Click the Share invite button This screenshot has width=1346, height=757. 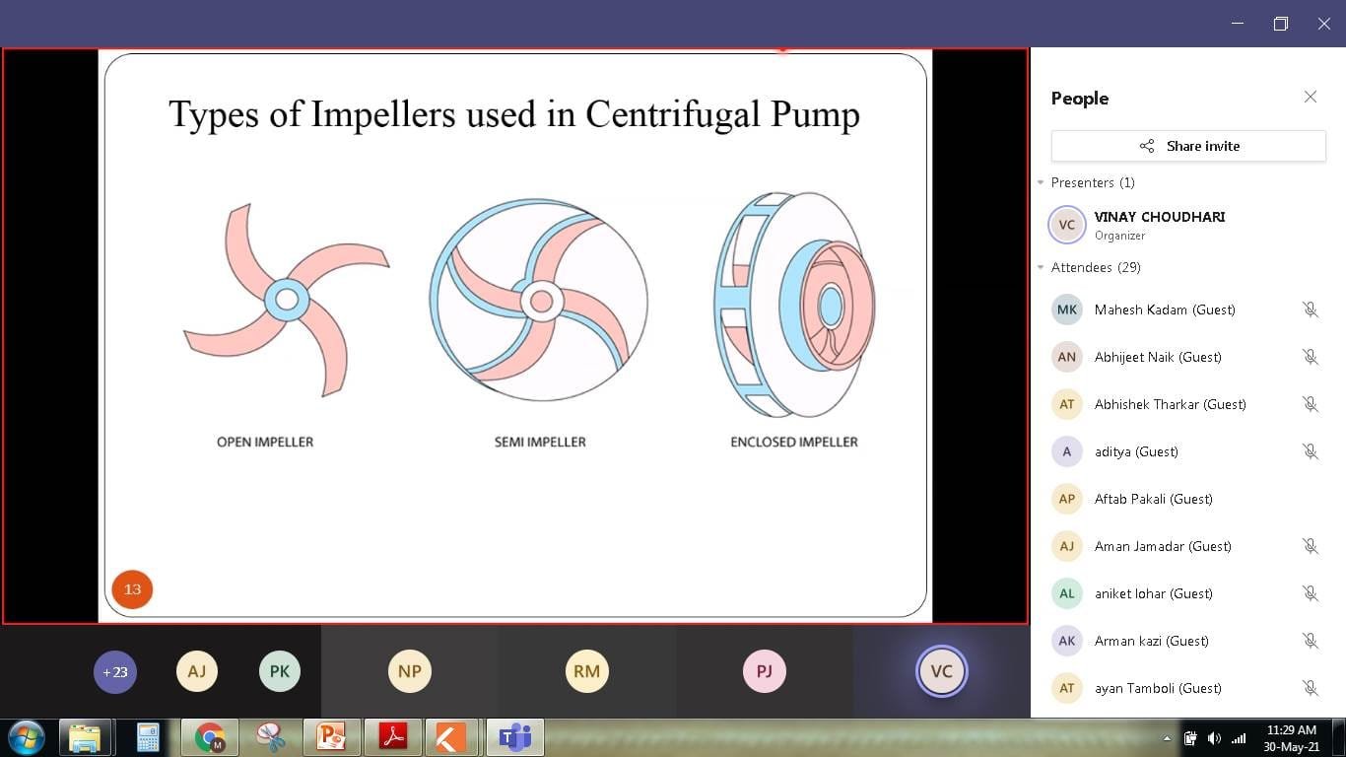(x=1188, y=146)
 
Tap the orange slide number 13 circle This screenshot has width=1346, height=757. (x=132, y=589)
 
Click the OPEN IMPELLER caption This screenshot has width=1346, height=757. (x=265, y=442)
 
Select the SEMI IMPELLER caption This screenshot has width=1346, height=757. (x=540, y=442)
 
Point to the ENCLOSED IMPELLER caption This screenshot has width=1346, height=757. (x=794, y=442)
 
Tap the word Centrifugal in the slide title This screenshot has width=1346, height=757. (x=673, y=113)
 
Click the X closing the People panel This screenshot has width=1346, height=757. (x=1310, y=97)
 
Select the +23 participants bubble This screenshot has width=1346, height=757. (x=114, y=671)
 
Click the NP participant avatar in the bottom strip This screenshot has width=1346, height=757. (x=410, y=671)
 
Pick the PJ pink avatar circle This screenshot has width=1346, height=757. (x=764, y=671)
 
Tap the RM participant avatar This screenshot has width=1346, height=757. (x=586, y=671)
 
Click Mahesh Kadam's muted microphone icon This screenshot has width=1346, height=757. (x=1310, y=310)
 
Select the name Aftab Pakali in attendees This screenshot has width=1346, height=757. (x=1130, y=499)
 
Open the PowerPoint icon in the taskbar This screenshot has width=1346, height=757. (x=331, y=737)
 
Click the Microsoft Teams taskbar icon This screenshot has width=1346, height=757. (x=515, y=737)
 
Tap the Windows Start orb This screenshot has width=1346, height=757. (x=27, y=737)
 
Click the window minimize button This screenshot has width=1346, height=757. (x=1238, y=24)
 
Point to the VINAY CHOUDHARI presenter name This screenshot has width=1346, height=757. (x=1159, y=217)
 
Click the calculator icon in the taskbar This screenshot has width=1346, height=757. (x=148, y=737)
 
